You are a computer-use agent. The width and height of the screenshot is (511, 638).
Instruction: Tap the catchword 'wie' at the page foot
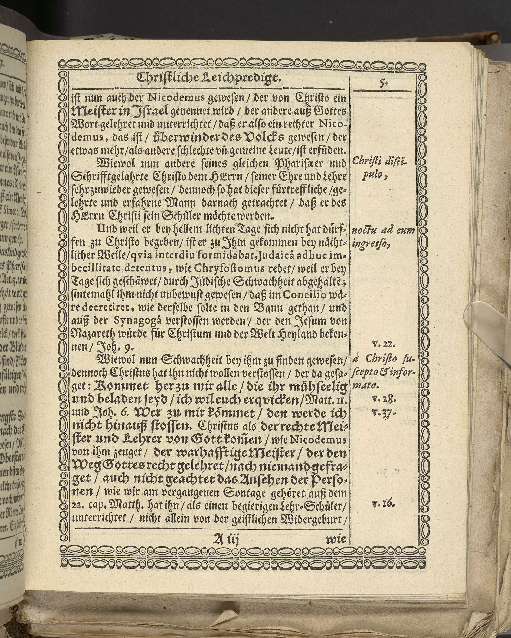tap(335, 539)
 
